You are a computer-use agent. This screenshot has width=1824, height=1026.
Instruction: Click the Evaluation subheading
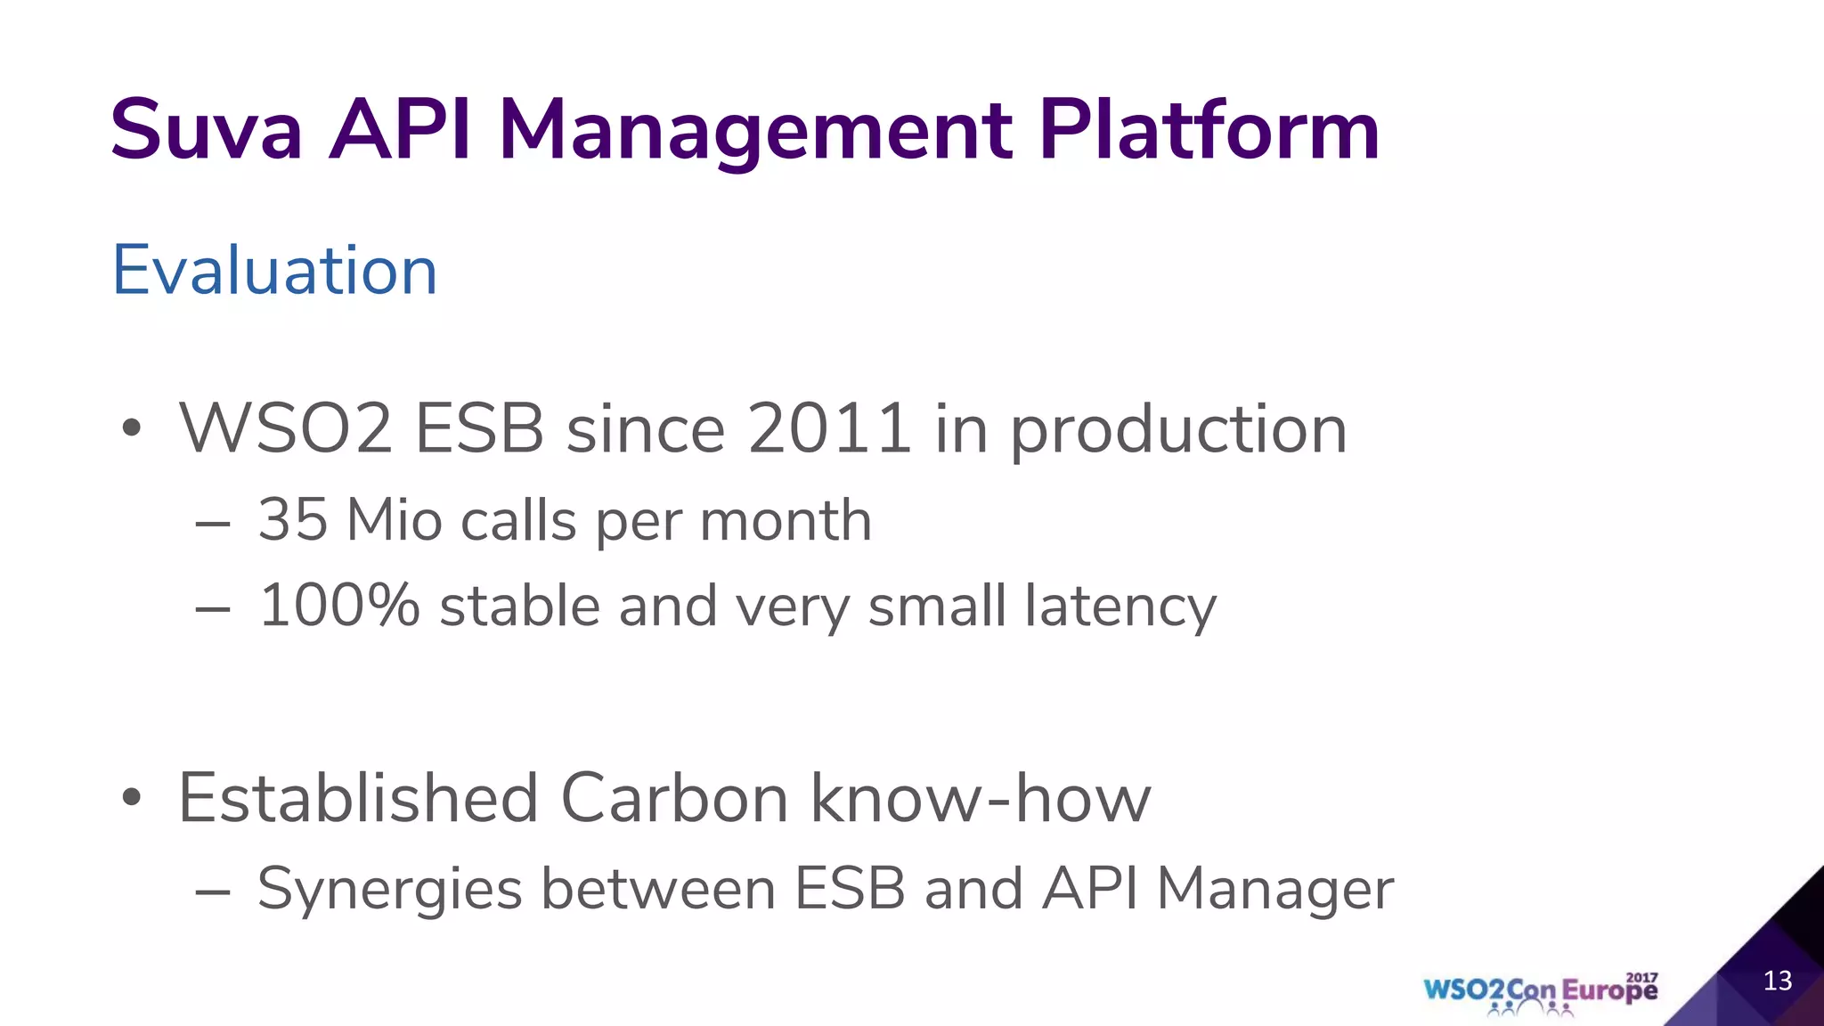pos(274,270)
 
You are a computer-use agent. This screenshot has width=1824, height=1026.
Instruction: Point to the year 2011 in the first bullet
pos(829,429)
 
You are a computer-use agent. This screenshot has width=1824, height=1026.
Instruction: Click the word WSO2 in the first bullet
pos(286,429)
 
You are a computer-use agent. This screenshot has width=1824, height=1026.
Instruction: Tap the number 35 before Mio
pos(292,519)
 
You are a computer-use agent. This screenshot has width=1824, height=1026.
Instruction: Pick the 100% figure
pos(338,606)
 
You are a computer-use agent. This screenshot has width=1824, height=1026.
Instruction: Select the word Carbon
pos(674,798)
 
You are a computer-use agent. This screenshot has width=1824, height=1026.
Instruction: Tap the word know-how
pos(981,798)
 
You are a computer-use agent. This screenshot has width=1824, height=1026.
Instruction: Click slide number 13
pos(1777,981)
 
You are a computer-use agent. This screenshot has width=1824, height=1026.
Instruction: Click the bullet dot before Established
pos(132,798)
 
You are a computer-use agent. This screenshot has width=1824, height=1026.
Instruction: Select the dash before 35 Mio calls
pos(213,525)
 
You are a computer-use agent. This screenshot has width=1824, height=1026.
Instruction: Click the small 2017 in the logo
pos(1641,977)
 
